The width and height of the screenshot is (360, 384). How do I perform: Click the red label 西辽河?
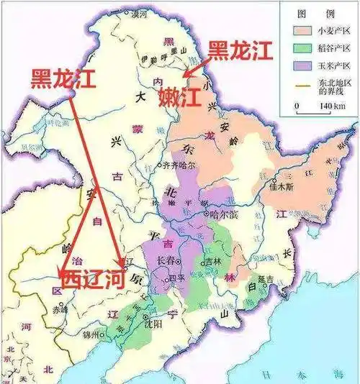pyautogui.click(x=92, y=278)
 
